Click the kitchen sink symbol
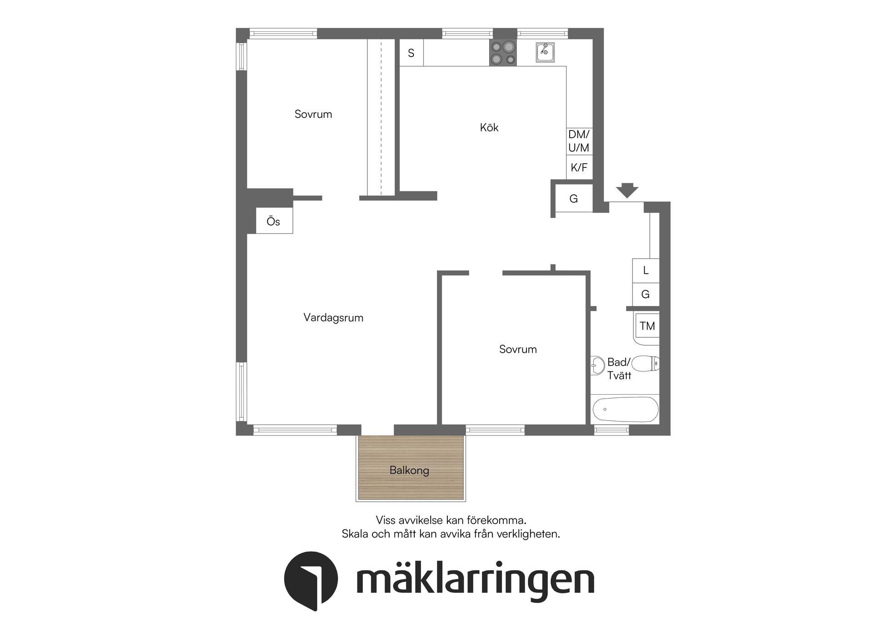click(545, 52)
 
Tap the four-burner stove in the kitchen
click(503, 53)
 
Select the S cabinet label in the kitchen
click(411, 53)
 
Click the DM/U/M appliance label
click(579, 141)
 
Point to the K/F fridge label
click(579, 168)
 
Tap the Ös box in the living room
click(274, 221)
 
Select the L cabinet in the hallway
click(646, 271)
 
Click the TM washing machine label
click(647, 326)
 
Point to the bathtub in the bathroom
click(626, 409)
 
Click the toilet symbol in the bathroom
click(645, 364)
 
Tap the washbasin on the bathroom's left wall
click(597, 365)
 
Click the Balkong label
click(409, 470)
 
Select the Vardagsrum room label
click(333, 318)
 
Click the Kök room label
click(489, 128)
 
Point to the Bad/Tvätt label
click(619, 369)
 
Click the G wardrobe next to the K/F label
click(574, 199)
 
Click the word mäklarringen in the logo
click(475, 580)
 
